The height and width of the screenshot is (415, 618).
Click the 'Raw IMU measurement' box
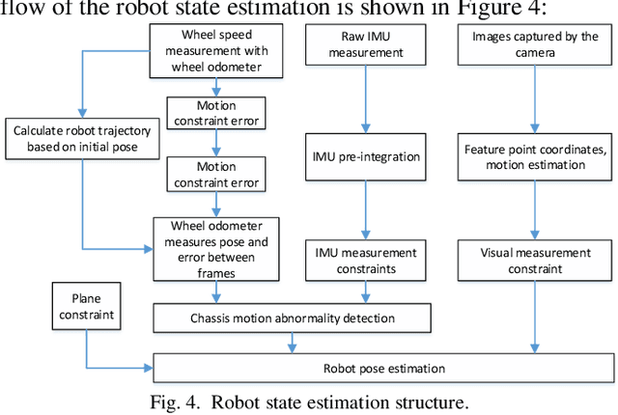(364, 44)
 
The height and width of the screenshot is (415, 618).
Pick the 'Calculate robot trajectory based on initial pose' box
(71, 137)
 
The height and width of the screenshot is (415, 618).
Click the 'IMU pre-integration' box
(364, 155)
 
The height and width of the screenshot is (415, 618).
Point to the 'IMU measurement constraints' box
(364, 260)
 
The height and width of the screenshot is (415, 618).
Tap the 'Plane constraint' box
(86, 307)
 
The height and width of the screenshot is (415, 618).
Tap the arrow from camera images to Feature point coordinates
(534, 97)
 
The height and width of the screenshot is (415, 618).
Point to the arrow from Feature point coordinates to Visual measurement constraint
(534, 207)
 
